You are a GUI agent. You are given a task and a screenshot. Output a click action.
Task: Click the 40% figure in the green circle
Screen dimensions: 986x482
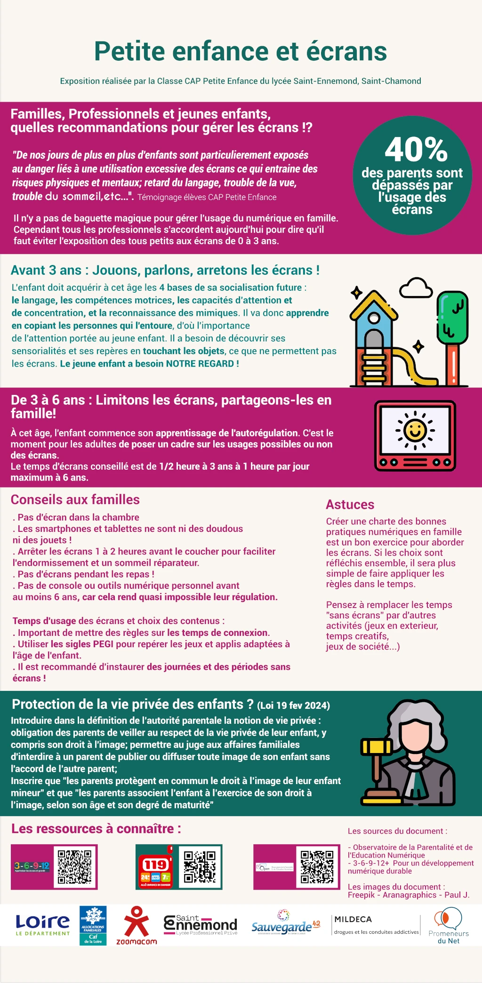[x=416, y=150]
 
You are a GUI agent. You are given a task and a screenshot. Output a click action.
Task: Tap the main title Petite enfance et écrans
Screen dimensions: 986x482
[x=241, y=51]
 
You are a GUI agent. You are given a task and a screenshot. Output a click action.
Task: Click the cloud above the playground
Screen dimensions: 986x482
[x=415, y=288]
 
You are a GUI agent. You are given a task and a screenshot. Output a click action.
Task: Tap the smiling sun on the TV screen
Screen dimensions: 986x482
[x=415, y=430]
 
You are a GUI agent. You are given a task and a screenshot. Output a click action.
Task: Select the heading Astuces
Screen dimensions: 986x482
[x=350, y=505]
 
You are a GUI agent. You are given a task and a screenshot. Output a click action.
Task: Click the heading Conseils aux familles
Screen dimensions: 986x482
[x=75, y=499]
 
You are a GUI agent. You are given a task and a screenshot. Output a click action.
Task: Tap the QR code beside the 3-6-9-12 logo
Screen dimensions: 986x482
[x=74, y=866]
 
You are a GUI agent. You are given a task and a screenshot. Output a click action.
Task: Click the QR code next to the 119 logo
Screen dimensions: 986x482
[x=200, y=866]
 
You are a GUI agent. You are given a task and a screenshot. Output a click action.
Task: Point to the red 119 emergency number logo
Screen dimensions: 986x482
[x=156, y=871]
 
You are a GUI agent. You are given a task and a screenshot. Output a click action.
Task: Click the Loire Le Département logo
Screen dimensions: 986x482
[x=42, y=924]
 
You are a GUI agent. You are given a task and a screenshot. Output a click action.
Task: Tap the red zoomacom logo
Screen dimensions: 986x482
[x=137, y=925]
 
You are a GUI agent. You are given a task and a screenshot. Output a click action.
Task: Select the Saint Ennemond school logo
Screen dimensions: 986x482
[x=201, y=925]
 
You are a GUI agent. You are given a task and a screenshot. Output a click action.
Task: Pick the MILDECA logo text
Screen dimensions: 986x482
[x=353, y=919]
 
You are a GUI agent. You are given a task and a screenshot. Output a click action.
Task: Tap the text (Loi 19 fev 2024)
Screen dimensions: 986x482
[x=293, y=705]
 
